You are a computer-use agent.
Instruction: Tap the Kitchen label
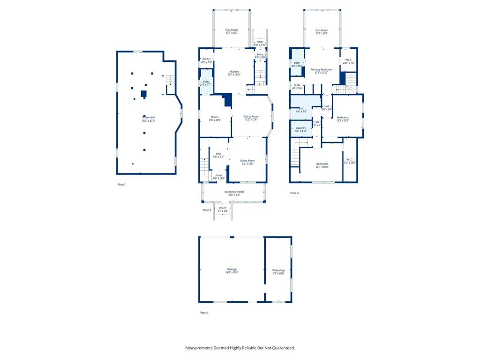point(234,72)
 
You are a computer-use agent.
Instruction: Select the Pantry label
point(206,59)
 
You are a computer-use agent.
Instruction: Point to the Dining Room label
point(251,116)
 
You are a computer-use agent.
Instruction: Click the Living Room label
point(247,161)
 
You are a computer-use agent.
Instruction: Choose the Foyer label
point(219,175)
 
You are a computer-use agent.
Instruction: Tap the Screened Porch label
point(233,192)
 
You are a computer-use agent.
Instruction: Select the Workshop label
point(278,270)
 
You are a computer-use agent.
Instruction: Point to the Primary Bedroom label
point(321,69)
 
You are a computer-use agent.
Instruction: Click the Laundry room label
point(300,128)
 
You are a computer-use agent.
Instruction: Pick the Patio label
point(260,42)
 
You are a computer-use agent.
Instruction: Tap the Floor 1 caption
point(121,185)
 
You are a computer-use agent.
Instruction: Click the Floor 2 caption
point(203,312)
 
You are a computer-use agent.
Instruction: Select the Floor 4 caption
point(294,193)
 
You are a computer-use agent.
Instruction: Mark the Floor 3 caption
point(207,210)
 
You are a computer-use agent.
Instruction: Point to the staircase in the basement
point(170,80)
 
